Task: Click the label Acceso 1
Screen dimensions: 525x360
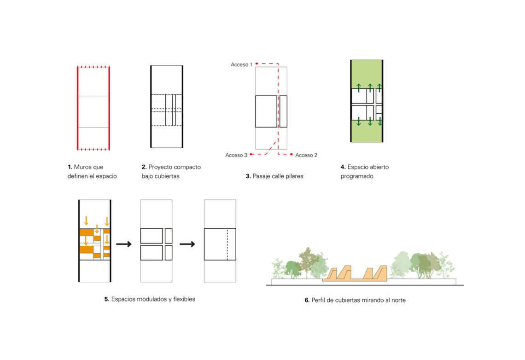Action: tap(241, 64)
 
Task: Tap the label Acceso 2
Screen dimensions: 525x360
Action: tap(306, 155)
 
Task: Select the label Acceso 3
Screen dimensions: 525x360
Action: tap(236, 155)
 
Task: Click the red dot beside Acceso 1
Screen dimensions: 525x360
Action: tap(257, 64)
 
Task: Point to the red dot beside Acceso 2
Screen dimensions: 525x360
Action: tap(292, 154)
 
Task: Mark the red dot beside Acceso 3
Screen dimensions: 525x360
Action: tap(251, 154)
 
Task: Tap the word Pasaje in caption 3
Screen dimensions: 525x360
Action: tap(262, 176)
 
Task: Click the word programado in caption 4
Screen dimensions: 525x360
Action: tap(357, 176)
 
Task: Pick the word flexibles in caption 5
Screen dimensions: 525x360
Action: tap(184, 299)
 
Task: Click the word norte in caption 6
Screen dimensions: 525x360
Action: tap(398, 301)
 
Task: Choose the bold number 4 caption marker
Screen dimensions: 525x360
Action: tap(343, 167)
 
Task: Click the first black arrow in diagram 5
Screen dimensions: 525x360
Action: tap(124, 244)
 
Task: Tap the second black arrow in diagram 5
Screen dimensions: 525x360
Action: tap(187, 244)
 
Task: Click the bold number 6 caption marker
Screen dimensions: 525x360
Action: tap(307, 301)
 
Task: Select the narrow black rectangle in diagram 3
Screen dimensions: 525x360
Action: tap(283, 112)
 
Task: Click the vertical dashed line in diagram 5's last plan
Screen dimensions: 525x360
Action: tap(227, 244)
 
